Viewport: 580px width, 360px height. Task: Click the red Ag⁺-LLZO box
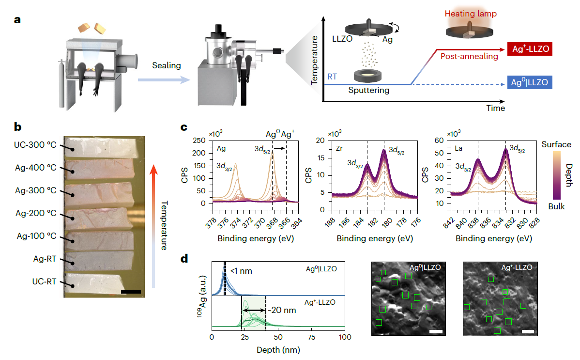pyautogui.click(x=530, y=49)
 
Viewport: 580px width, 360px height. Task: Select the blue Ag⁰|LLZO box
pyautogui.click(x=530, y=83)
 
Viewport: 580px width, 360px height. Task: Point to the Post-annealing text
pyautogui.click(x=469, y=57)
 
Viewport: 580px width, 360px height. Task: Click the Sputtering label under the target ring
pyautogui.click(x=368, y=90)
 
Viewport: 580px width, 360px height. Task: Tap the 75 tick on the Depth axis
pyautogui.click(x=311, y=336)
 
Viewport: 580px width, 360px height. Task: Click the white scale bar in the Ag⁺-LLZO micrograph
pyautogui.click(x=528, y=332)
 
